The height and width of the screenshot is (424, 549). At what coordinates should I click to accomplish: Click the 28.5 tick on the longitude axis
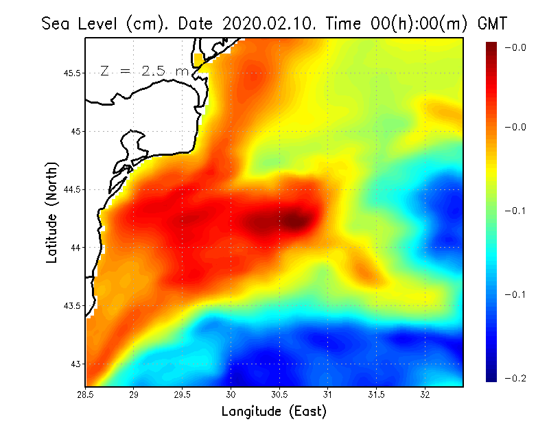[x=86, y=394]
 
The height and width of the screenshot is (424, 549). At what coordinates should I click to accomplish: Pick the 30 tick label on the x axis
[x=231, y=394]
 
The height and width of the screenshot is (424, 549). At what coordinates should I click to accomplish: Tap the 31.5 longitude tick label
[x=377, y=394]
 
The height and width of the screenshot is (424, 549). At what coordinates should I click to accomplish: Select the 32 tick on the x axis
[x=425, y=394]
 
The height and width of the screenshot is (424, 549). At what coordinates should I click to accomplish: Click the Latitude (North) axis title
[x=51, y=213]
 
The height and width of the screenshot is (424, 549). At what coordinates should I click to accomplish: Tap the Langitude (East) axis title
[x=274, y=412]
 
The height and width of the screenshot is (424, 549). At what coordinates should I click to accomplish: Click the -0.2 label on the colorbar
[x=515, y=378]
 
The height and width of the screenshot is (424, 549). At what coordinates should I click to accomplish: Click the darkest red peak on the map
[x=294, y=220]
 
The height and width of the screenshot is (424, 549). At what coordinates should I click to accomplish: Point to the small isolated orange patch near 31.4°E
[x=362, y=270]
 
